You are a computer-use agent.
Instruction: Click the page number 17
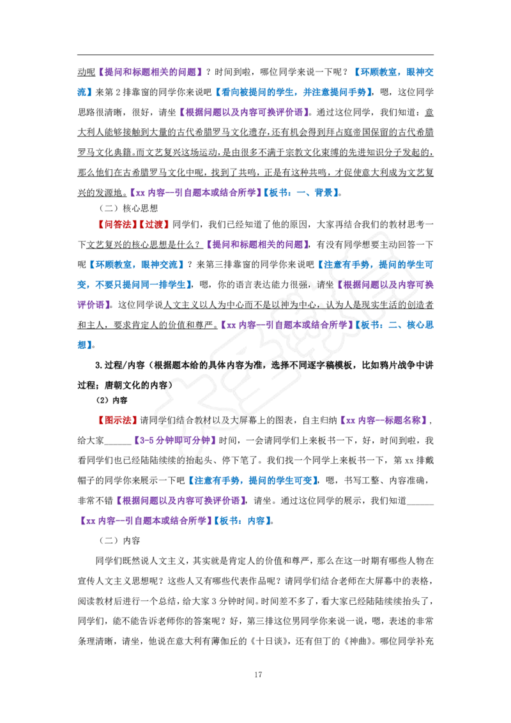click(x=258, y=674)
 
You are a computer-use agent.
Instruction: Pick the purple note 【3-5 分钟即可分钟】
click(x=174, y=441)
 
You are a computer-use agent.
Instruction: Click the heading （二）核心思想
click(x=128, y=208)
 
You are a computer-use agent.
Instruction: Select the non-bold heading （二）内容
click(x=119, y=541)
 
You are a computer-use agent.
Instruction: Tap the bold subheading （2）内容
click(x=111, y=400)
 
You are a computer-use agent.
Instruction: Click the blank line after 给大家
click(x=118, y=444)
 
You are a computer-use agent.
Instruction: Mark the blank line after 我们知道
click(x=420, y=503)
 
